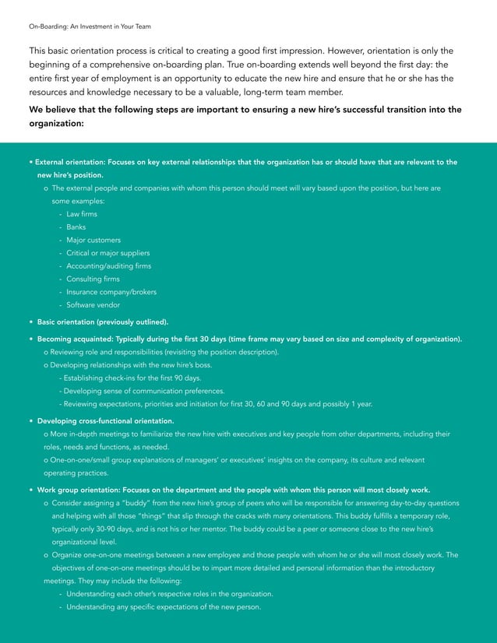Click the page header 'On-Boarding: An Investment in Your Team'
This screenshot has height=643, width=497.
[90, 26]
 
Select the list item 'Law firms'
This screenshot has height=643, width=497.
[82, 214]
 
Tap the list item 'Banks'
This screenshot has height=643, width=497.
[76, 227]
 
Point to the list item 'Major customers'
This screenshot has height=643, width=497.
[93, 240]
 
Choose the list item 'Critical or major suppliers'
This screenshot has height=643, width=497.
[108, 253]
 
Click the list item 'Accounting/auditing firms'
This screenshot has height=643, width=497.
[108, 266]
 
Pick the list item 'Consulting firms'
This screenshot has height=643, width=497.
[93, 279]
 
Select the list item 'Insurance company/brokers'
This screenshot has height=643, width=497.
[111, 292]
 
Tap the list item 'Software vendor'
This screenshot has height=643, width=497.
[93, 305]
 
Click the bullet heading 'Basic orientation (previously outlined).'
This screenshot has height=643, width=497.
[102, 321]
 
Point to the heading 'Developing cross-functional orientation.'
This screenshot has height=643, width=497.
[105, 421]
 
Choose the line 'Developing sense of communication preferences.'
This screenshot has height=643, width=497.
[144, 391]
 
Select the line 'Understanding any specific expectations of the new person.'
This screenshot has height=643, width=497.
[163, 607]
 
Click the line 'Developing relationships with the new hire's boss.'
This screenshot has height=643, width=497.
[131, 365]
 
